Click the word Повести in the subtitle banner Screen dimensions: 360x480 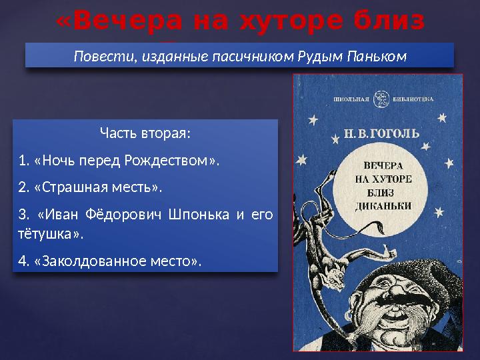pos(101,56)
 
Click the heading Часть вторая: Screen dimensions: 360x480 pos(145,133)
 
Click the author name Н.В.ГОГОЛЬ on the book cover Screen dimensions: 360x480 pos(383,133)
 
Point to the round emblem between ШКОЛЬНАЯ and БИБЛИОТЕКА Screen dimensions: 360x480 pos(381,99)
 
